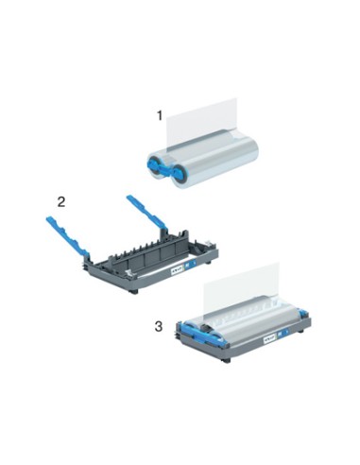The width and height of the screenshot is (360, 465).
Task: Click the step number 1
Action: pos(160,115)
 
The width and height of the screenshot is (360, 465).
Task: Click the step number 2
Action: pos(61,201)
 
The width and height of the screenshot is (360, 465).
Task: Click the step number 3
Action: pos(159,326)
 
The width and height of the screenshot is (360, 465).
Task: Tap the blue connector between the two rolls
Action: pos(164,168)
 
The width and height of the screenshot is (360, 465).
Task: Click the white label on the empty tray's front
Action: pos(177,270)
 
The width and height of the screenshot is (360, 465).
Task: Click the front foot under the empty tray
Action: pos(134,291)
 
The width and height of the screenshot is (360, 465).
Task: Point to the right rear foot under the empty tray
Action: pos(208,262)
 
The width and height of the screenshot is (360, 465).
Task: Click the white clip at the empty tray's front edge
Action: pos(129,273)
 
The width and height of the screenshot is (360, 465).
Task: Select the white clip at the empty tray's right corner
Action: pos(207,243)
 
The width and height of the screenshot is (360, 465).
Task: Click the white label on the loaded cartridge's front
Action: pos(269,339)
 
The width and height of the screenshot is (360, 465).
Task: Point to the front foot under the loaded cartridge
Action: pos(227,360)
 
